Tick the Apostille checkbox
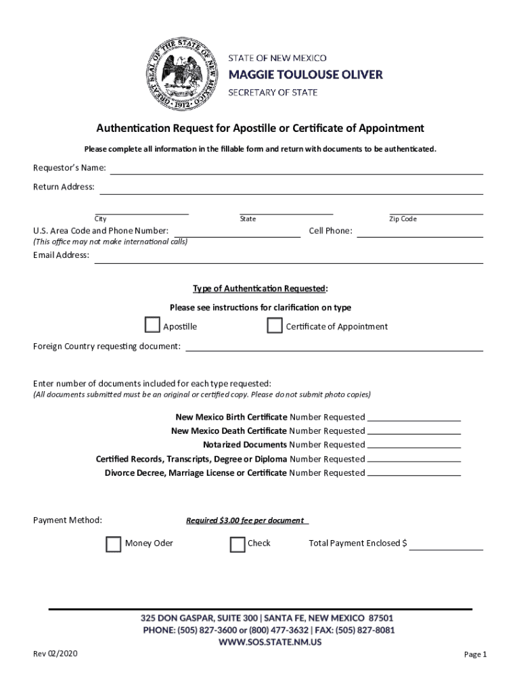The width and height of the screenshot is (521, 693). pos(153,326)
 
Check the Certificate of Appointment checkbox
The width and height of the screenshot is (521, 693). pos(275,326)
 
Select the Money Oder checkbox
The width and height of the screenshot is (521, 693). pos(114,543)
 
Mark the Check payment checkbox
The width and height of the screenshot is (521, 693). pos(237,543)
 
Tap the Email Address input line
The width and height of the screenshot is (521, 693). pos(288,260)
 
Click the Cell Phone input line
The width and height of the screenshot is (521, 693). pos(420,236)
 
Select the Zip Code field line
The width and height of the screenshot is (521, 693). pos(436,213)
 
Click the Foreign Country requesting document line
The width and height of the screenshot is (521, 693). pos(334,349)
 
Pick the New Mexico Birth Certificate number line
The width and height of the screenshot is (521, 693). pos(414,419)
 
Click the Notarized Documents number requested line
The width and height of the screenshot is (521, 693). pos(414,447)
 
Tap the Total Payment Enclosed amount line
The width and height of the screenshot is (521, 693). pos(446,548)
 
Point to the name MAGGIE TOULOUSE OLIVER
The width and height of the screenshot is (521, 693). pos(304,74)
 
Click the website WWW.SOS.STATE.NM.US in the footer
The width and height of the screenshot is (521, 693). pos(270,642)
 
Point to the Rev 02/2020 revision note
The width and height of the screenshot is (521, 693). pos(55,654)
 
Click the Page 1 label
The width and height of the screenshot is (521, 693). pos(475,654)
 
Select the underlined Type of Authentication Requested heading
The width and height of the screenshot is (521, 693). pos(259,289)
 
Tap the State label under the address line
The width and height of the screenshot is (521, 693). pos(248,219)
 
